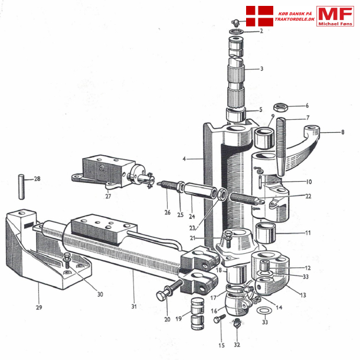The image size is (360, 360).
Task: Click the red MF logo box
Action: (335, 16)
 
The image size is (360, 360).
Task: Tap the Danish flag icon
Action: (258, 17)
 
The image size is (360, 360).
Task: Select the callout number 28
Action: (37, 178)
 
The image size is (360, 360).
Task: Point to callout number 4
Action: (185, 159)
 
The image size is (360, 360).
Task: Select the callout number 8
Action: (342, 132)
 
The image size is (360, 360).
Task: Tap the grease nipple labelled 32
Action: (237, 324)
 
